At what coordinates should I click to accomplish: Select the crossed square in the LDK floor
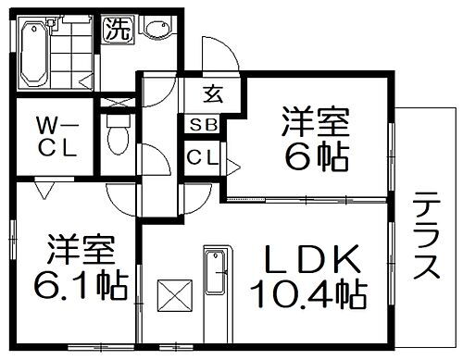coord(174,297)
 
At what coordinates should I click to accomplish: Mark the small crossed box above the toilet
coord(118,103)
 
